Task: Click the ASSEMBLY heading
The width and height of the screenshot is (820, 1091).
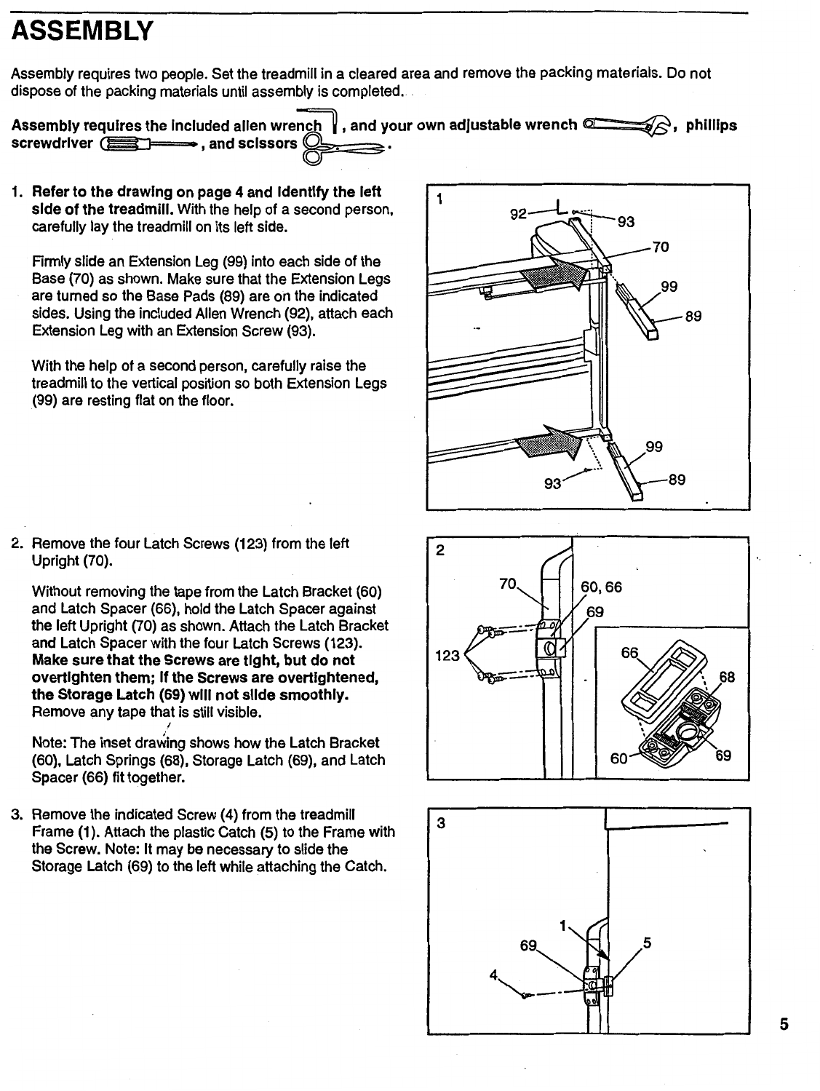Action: (x=82, y=31)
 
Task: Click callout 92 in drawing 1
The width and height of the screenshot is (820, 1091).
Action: (x=519, y=214)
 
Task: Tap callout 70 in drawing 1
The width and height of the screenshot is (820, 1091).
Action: (x=661, y=247)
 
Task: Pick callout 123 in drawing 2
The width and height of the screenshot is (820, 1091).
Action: (x=447, y=656)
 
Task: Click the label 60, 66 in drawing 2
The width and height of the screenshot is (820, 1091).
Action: (x=602, y=587)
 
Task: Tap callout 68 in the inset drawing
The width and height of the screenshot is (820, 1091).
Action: (x=727, y=678)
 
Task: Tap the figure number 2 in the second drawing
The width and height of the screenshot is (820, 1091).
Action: (x=439, y=551)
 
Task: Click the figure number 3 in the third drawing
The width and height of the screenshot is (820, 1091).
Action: (x=439, y=822)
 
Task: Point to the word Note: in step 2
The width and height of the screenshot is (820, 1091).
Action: (x=49, y=743)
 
